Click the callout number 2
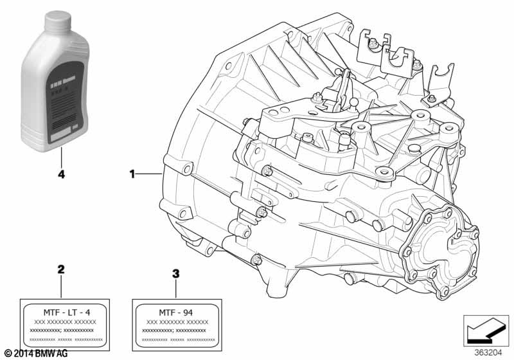tap(61, 269)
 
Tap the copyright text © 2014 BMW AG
tap(35, 354)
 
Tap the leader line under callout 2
tap(61, 286)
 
